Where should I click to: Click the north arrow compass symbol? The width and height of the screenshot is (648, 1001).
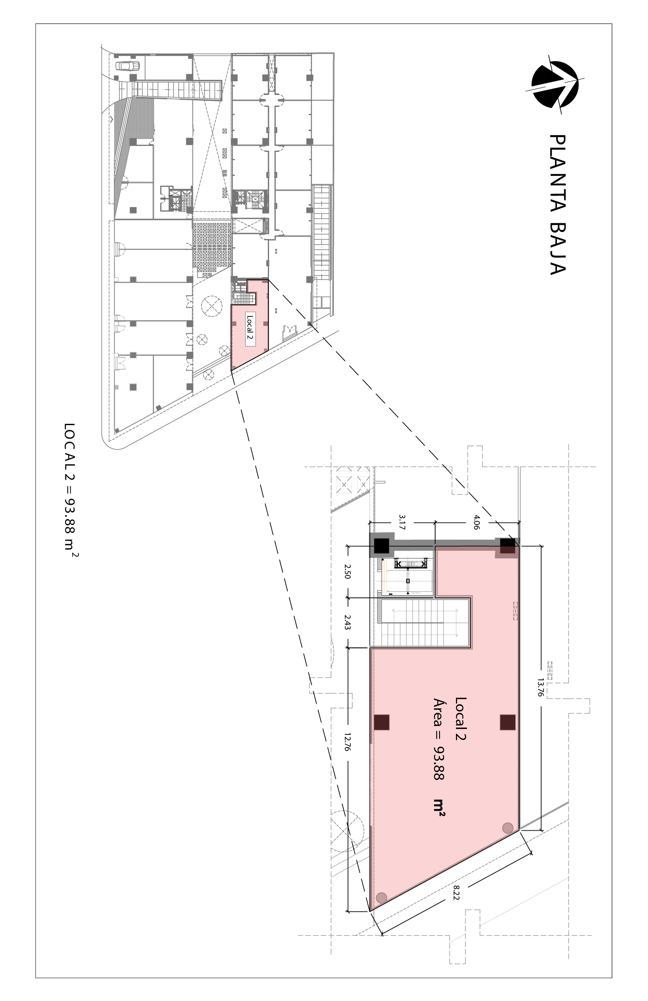click(555, 84)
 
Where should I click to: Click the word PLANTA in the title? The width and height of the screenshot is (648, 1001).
click(558, 176)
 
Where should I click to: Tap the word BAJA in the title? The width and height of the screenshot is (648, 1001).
click(558, 250)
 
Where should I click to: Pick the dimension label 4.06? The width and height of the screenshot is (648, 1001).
click(476, 522)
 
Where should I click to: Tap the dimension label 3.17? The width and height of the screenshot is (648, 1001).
click(402, 522)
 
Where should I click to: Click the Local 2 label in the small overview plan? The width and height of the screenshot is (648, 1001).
click(251, 330)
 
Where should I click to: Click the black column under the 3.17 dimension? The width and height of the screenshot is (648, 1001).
click(382, 546)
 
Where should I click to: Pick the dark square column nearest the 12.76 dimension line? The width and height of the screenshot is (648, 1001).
click(382, 722)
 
